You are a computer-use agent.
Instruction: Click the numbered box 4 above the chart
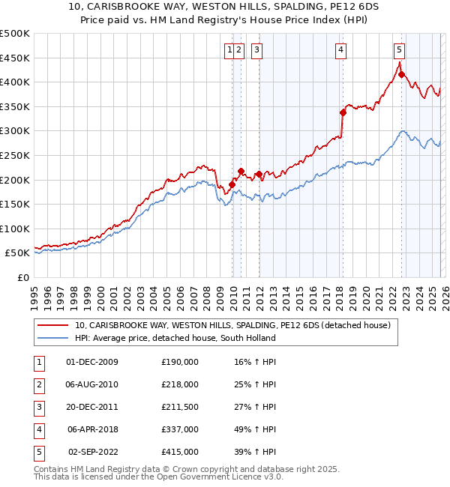(x=340, y=50)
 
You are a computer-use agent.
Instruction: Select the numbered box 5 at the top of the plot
(x=399, y=50)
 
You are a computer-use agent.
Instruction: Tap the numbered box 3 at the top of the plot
(x=256, y=50)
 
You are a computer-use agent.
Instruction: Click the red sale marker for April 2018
(x=343, y=112)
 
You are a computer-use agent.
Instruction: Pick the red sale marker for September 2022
(x=401, y=74)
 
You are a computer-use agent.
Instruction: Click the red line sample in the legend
(x=54, y=326)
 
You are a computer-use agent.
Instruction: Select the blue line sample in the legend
(x=54, y=338)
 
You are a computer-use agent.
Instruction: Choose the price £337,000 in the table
(x=180, y=429)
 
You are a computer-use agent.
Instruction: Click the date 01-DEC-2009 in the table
(x=92, y=362)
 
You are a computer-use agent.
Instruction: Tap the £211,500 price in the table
(x=180, y=407)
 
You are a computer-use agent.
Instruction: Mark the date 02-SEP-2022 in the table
(x=92, y=452)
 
